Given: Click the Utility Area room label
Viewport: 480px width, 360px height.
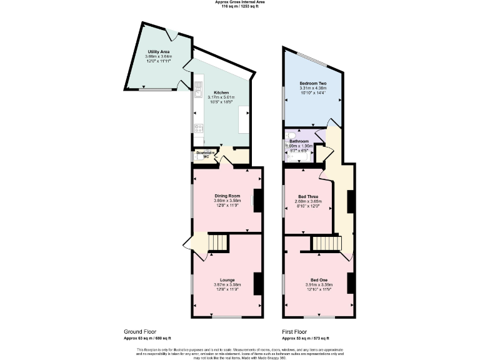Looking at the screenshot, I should pyautogui.click(x=159, y=51).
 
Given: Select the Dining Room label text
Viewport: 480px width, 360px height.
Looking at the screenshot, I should pyautogui.click(x=227, y=196).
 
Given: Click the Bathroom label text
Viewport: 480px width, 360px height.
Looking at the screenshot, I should pyautogui.click(x=298, y=141).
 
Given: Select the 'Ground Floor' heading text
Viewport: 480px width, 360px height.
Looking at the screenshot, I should pyautogui.click(x=139, y=331).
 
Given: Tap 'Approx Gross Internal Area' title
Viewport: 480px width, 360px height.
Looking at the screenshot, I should pyautogui.click(x=240, y=2).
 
